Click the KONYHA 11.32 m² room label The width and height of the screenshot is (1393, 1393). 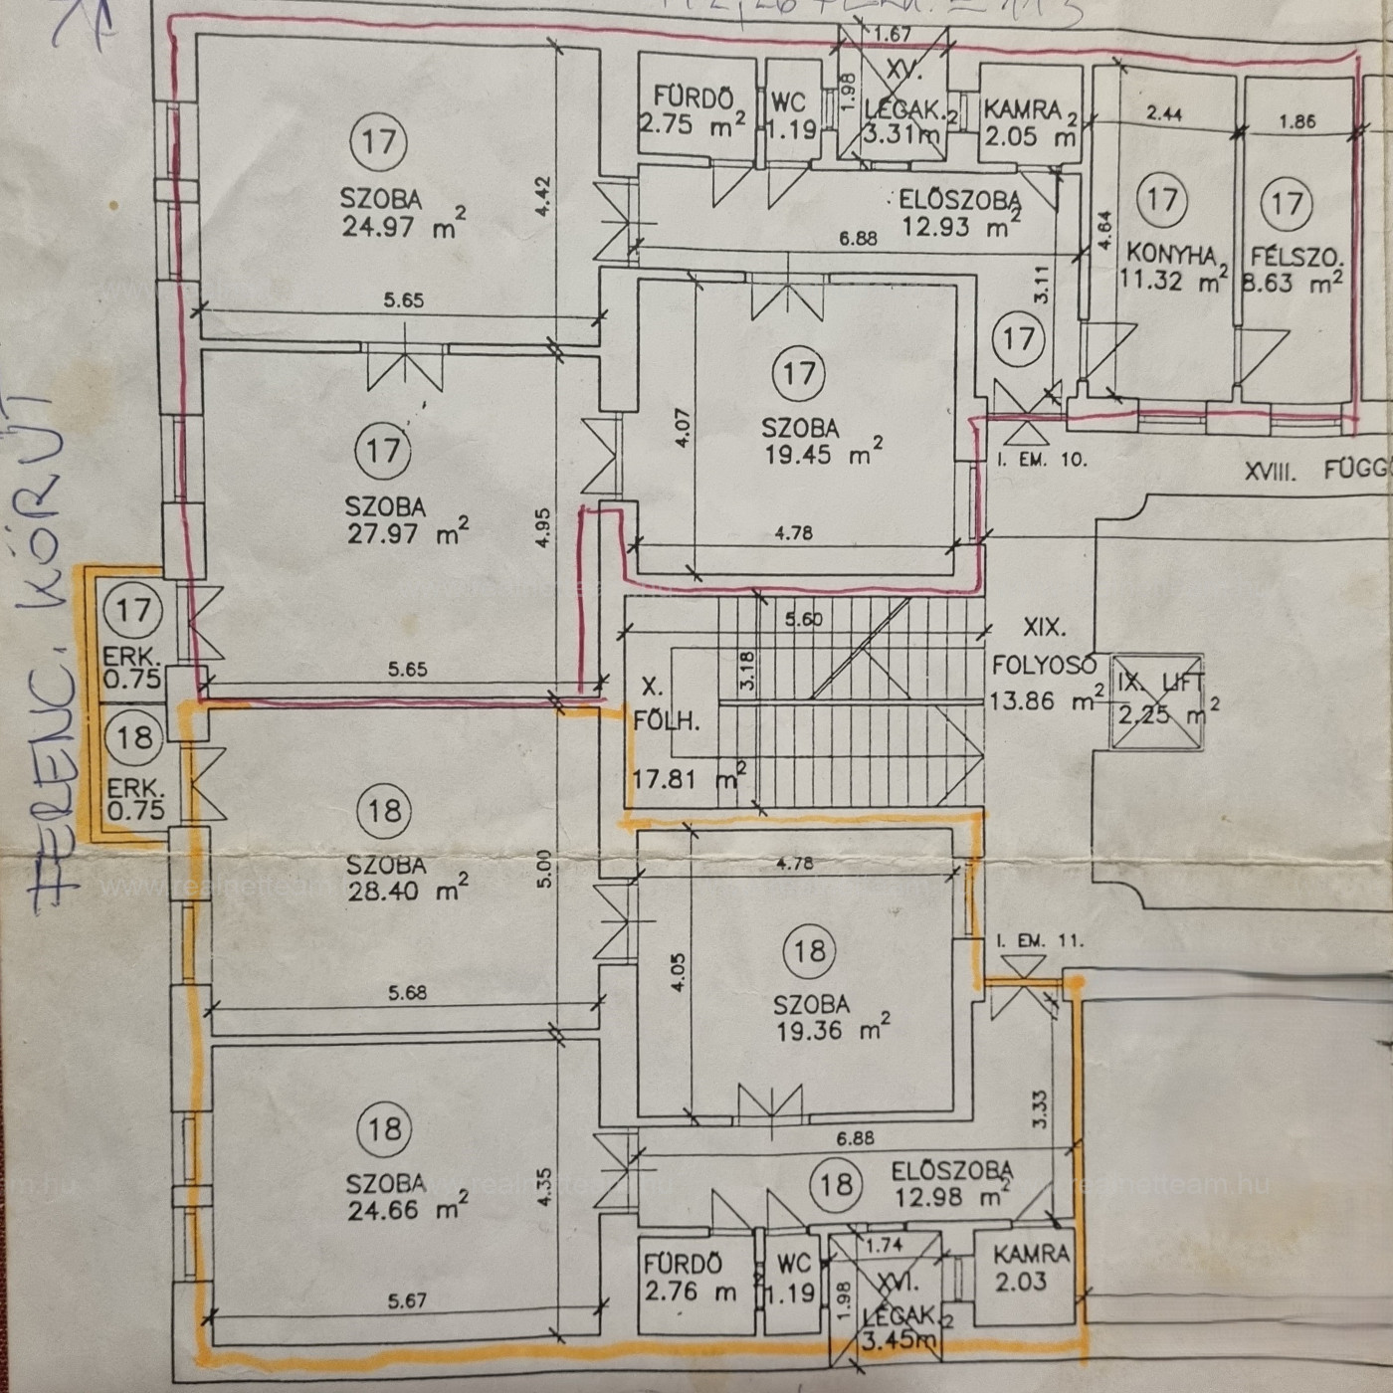tap(1172, 267)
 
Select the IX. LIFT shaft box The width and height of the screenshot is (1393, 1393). tap(1157, 700)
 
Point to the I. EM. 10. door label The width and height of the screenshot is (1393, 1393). tap(1042, 460)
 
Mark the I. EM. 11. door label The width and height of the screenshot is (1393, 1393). tap(1038, 940)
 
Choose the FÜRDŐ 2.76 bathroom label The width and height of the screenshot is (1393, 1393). tap(690, 1278)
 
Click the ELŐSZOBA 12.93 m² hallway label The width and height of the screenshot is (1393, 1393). tap(959, 213)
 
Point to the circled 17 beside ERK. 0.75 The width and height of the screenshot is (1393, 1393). tap(133, 609)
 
